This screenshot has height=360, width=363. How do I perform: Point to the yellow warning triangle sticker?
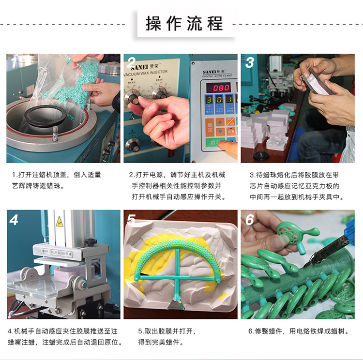(x=60, y=222)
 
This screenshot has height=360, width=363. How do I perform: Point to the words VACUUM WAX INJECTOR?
(x=145, y=72)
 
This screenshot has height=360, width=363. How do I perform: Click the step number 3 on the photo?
(x=250, y=62)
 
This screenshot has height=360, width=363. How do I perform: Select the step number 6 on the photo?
(x=250, y=220)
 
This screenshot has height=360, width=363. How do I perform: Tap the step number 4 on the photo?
(x=14, y=220)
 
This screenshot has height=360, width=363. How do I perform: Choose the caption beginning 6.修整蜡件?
(x=298, y=331)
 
